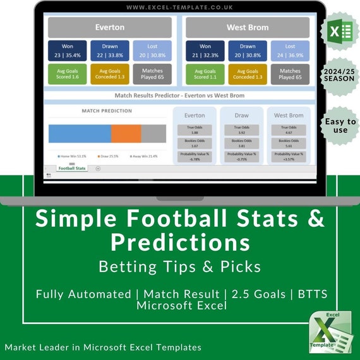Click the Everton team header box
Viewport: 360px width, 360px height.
click(110, 28)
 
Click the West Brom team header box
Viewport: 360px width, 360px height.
click(248, 28)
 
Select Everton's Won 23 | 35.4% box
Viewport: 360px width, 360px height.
click(68, 51)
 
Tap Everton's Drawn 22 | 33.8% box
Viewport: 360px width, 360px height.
click(109, 51)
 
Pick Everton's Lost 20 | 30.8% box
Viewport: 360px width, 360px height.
click(152, 51)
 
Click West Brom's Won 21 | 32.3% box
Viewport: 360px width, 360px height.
click(205, 51)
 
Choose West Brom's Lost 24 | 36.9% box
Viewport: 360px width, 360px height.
click(290, 51)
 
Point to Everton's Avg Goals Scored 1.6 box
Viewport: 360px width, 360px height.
click(68, 74)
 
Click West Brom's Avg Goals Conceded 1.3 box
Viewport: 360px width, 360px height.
click(248, 74)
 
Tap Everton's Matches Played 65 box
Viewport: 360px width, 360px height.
click(152, 74)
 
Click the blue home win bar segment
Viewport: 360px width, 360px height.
click(80, 133)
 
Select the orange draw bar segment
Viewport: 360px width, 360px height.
click(126, 133)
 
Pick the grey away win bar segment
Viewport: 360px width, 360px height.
click(153, 133)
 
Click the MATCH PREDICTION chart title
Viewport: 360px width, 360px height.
click(107, 111)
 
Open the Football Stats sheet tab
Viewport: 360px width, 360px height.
click(71, 169)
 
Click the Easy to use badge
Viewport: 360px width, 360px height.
click(340, 126)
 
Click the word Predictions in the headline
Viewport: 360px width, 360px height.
click(180, 242)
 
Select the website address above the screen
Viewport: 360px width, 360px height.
click(179, 8)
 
